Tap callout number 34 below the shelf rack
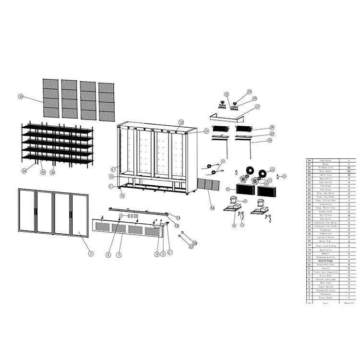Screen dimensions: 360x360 pos(24,170)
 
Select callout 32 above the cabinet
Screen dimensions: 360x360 pos(181,122)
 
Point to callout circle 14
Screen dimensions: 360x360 pos(212,207)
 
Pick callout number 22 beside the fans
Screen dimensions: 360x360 pos(272,169)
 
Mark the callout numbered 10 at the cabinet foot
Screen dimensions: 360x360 pos(122,195)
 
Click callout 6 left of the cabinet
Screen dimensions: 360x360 pos(113,169)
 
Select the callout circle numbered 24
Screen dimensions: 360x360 pos(270,140)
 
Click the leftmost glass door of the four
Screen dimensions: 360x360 pos(26,211)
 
